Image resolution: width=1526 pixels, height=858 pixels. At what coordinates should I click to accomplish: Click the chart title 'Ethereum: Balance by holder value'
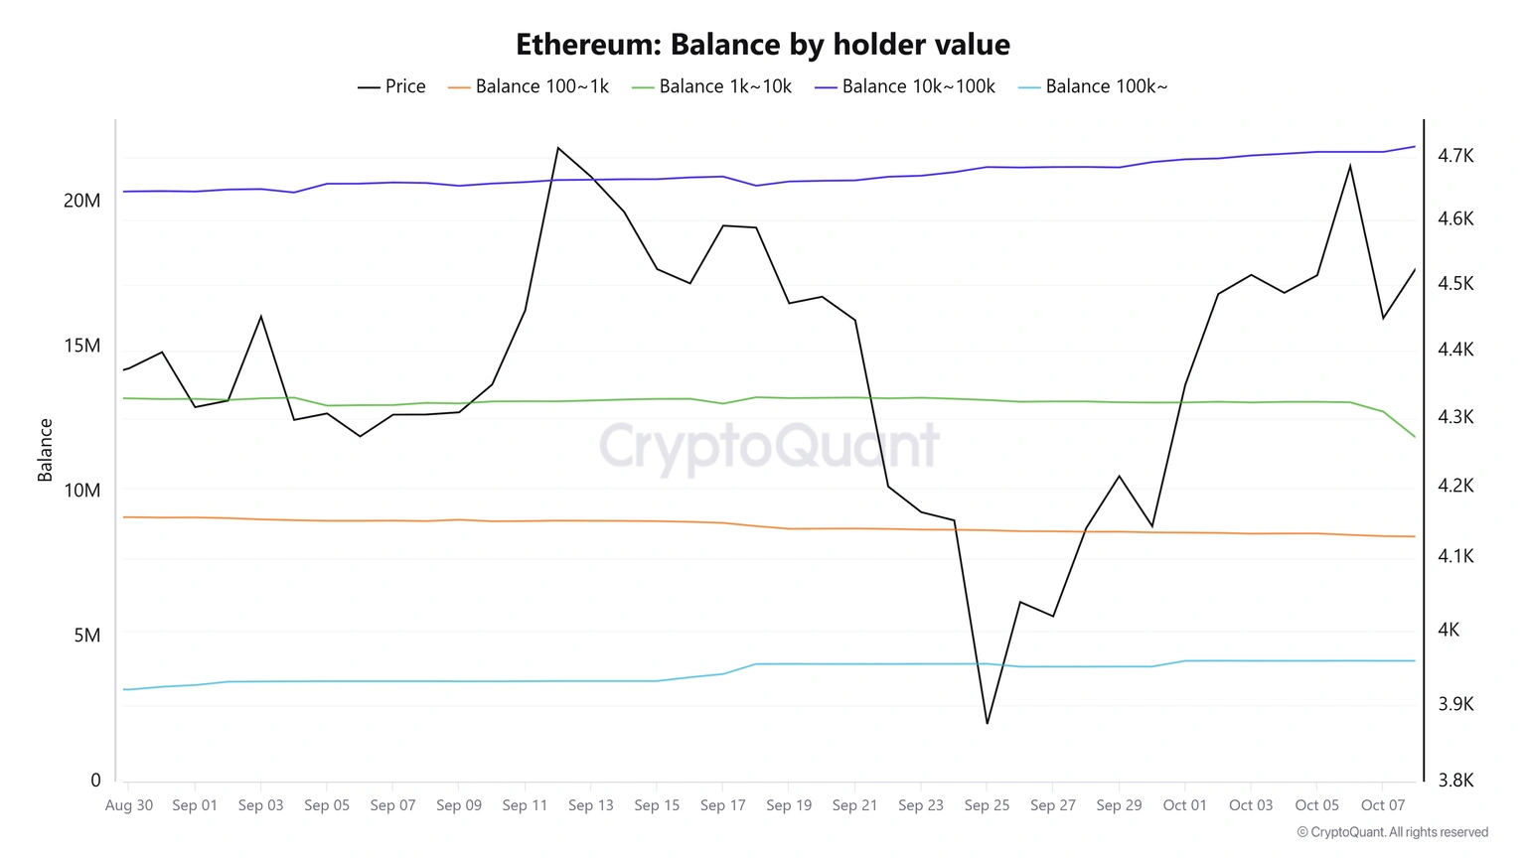[x=763, y=45]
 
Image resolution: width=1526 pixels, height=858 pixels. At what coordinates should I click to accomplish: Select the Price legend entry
[x=392, y=86]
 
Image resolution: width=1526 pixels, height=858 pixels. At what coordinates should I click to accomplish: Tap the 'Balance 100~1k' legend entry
[x=529, y=86]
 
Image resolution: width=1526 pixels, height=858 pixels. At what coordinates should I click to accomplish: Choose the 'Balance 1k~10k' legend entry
[x=712, y=86]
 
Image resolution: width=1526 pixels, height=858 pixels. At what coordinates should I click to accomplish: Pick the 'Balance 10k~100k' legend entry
[x=905, y=86]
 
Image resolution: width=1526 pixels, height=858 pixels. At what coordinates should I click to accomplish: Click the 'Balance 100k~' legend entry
[x=1094, y=86]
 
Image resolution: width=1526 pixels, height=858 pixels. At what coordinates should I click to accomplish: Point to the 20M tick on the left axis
[x=82, y=201]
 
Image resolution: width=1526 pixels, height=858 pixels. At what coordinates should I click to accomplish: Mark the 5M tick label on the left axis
[x=87, y=636]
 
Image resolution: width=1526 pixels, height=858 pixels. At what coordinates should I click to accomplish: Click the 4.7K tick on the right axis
[x=1455, y=156]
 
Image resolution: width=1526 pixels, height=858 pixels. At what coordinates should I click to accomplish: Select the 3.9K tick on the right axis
[x=1455, y=704]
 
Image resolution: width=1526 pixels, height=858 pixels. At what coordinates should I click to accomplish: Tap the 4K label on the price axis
[x=1449, y=630]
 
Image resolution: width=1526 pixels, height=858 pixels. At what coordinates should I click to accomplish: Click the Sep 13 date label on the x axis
[x=591, y=805]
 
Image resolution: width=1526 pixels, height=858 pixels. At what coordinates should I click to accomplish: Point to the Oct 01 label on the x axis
[x=1184, y=805]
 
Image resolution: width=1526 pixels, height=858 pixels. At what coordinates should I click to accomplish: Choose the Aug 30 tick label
[x=129, y=805]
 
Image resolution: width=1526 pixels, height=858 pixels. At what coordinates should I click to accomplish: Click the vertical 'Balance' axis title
[x=45, y=450]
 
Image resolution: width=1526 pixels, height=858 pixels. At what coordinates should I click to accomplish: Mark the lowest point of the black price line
[x=987, y=723]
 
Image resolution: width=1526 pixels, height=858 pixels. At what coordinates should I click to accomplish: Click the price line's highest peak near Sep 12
[x=558, y=148]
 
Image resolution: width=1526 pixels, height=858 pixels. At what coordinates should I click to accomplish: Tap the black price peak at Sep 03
[x=260, y=317]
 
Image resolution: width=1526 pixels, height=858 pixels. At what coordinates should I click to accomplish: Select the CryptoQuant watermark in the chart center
[x=769, y=446]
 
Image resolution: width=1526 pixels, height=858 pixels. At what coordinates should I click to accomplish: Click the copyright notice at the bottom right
[x=1392, y=832]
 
